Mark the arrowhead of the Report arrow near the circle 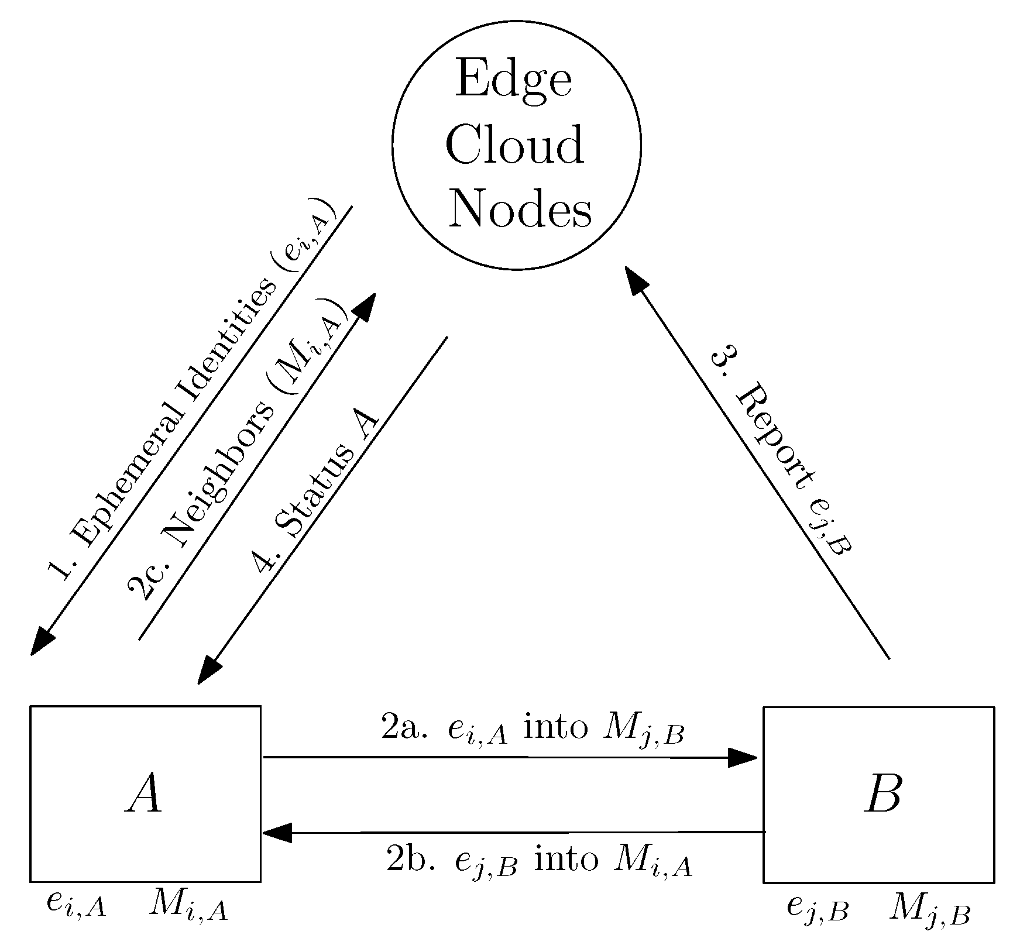point(637,280)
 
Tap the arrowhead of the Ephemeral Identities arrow point(41,641)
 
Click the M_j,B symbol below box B point(929,910)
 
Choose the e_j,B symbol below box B point(817,909)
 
